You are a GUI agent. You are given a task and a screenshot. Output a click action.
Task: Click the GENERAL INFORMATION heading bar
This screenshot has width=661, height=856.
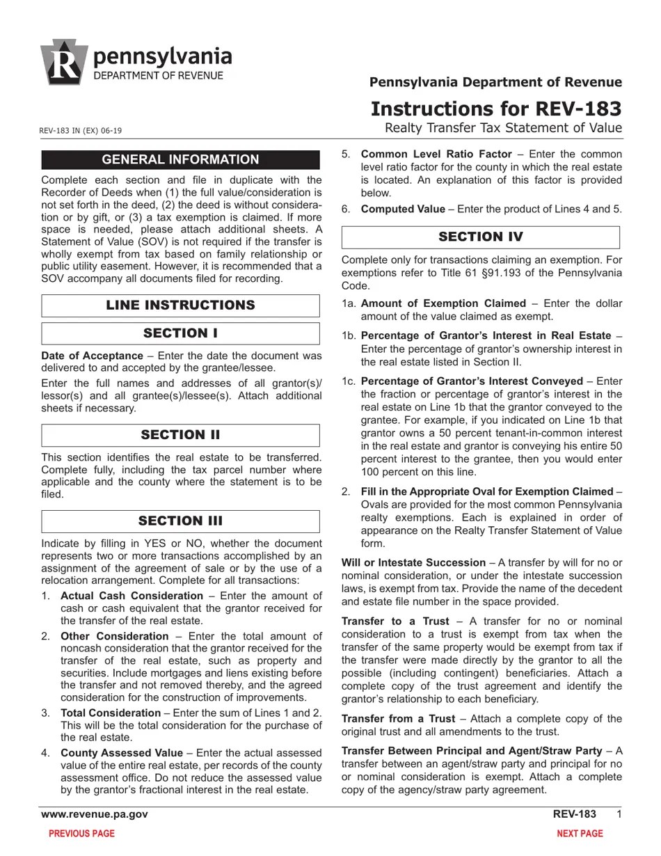[x=180, y=159]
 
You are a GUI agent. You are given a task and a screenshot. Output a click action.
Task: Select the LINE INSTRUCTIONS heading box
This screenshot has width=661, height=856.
[x=180, y=306]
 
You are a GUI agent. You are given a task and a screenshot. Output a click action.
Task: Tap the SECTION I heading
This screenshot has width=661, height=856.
[x=180, y=333]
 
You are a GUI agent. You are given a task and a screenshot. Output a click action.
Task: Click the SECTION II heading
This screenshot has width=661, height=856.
[x=180, y=435]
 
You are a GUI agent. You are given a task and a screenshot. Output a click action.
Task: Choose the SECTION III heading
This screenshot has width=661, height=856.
[x=180, y=521]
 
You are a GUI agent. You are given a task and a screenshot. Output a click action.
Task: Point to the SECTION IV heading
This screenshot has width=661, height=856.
[x=480, y=237]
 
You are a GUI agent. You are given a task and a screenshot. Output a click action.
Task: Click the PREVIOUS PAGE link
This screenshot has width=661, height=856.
[x=81, y=834]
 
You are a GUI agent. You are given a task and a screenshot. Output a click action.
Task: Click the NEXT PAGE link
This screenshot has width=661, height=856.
[x=580, y=834]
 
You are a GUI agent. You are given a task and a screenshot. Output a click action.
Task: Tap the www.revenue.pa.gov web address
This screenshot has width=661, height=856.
[x=95, y=814]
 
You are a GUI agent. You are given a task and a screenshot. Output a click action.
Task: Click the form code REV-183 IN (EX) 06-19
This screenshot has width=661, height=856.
[x=81, y=131]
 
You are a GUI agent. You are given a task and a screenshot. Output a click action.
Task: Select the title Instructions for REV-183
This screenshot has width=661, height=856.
[x=496, y=109]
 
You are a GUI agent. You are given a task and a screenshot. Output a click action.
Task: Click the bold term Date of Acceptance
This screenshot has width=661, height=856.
[x=92, y=355]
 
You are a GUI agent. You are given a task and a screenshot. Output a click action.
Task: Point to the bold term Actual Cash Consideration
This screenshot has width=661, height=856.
[x=132, y=596]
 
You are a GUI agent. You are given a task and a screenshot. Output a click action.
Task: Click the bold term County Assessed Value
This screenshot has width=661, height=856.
[x=122, y=753]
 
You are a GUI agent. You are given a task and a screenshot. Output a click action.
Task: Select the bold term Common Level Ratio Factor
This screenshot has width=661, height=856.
[x=436, y=154]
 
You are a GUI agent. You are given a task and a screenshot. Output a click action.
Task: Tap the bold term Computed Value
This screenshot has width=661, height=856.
[x=403, y=209]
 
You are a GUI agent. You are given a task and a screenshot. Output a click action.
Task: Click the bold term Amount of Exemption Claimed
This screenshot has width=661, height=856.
[x=443, y=303]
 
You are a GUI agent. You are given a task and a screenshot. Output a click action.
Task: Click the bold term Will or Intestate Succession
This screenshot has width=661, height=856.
[x=413, y=562]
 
